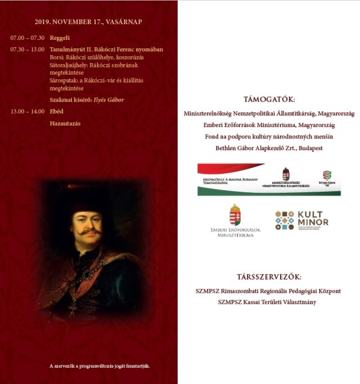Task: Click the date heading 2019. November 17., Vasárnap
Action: tap(88, 22)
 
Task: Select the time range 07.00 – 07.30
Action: tap(28, 38)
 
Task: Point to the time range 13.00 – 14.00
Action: tap(28, 111)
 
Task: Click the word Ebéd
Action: tap(57, 111)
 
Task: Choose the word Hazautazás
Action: tap(65, 123)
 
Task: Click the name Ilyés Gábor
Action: tap(109, 100)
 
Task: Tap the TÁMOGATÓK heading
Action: tap(269, 99)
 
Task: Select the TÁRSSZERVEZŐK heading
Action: tap(269, 277)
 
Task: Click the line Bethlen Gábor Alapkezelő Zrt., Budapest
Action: tap(269, 148)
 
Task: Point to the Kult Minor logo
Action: tap(301, 220)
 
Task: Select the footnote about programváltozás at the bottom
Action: tap(100, 366)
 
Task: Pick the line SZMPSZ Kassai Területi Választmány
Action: tap(267, 302)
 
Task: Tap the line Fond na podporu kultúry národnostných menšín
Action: tap(269, 137)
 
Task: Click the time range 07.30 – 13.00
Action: tap(28, 49)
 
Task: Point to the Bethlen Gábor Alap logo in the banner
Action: tap(326, 177)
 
